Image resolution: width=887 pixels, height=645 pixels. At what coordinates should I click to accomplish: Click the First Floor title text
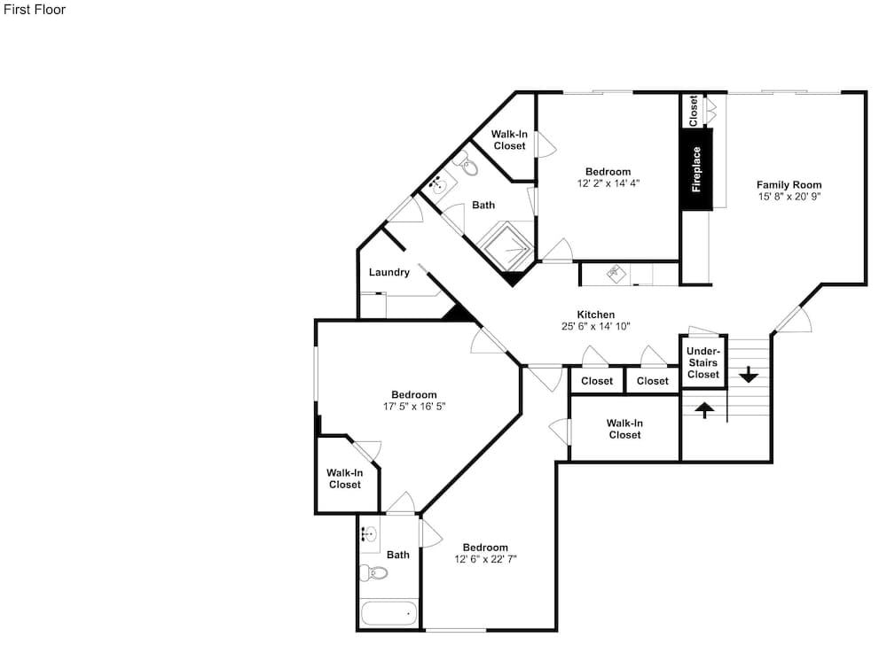(35, 10)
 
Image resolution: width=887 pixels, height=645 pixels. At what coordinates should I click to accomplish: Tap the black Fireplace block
(697, 169)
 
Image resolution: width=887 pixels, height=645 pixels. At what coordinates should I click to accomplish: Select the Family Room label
(789, 184)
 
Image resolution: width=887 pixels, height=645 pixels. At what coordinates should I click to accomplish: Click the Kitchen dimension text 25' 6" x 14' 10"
(596, 326)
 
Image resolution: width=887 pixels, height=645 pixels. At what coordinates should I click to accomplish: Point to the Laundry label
(389, 272)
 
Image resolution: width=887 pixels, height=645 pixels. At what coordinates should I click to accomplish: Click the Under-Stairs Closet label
(703, 362)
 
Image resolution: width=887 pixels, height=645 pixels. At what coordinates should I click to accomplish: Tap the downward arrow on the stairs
(749, 375)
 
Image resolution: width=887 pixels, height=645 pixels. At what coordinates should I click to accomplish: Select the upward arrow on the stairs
(704, 409)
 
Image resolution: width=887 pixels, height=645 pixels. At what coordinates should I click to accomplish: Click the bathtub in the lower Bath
(389, 613)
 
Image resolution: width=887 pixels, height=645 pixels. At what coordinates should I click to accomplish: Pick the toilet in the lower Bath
(374, 573)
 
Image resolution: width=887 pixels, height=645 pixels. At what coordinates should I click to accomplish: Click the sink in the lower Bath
(370, 532)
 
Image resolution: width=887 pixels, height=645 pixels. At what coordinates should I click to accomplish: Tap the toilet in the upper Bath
(467, 165)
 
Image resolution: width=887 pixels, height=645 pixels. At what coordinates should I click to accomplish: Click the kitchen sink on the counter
(616, 275)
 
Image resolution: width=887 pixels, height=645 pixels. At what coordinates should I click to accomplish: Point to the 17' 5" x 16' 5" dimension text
(414, 407)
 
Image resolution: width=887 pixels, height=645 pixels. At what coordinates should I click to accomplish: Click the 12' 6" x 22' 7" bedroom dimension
(485, 559)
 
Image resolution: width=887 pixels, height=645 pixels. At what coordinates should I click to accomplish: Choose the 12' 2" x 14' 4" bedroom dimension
(608, 183)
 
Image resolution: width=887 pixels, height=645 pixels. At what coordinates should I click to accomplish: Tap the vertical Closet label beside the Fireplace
(693, 111)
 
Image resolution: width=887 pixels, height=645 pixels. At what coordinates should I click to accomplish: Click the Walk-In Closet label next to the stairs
(624, 429)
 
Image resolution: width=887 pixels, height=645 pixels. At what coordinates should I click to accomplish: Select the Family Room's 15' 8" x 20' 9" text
(789, 197)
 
